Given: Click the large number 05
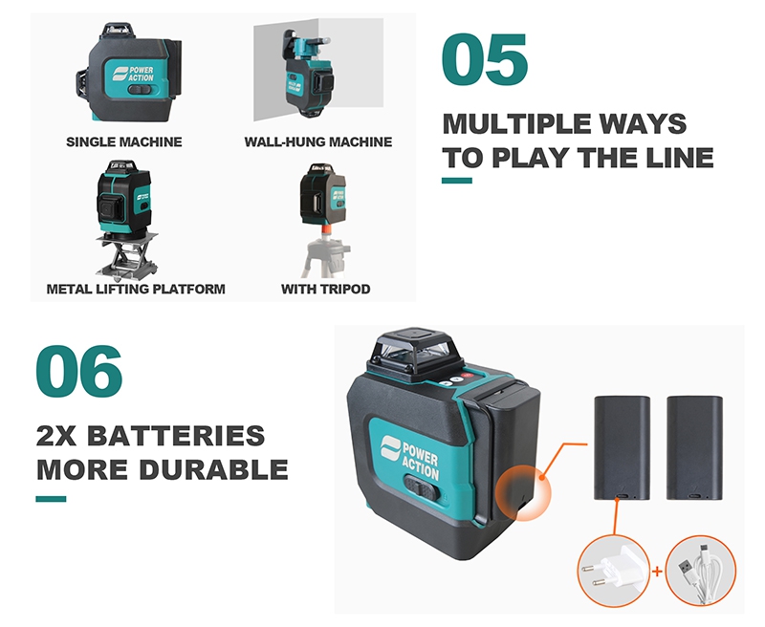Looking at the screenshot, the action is click(485, 59).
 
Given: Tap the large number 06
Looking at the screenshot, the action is click(79, 371).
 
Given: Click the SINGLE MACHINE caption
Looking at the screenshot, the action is click(124, 141).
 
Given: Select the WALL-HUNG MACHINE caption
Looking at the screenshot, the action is click(318, 141).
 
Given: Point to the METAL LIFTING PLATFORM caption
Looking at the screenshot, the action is click(136, 289).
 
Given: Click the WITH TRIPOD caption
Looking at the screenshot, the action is click(325, 289).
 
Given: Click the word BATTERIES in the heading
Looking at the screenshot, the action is click(176, 436).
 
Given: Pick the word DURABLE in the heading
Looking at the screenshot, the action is click(213, 469).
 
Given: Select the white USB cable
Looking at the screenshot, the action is click(701, 572).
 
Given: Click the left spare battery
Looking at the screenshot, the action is click(622, 448).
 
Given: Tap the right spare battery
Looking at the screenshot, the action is click(694, 448).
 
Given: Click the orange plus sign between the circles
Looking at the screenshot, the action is click(657, 571).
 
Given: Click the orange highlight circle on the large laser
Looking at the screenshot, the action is click(523, 492).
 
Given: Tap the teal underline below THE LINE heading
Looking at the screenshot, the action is click(457, 181).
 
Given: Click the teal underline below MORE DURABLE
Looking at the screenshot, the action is click(51, 499).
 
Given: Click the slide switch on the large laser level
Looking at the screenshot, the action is click(422, 488).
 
